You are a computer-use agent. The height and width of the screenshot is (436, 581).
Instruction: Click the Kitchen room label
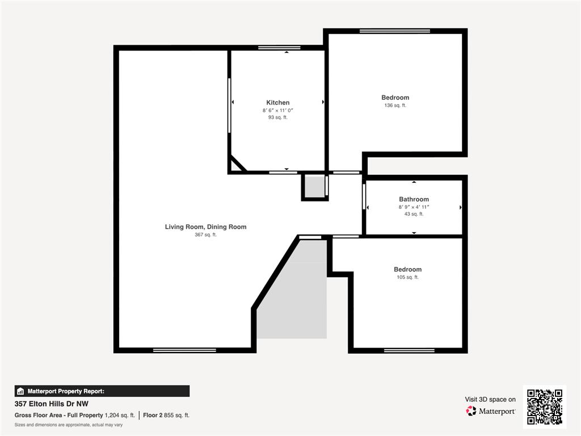[x=278, y=103]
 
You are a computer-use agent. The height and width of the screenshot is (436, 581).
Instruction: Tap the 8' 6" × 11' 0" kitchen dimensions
[x=278, y=111]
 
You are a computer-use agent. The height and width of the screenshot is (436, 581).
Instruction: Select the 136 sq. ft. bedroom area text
[x=395, y=105]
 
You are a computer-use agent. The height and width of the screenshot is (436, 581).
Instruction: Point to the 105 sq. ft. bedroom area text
[x=407, y=277]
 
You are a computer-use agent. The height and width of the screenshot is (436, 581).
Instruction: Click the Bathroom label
[x=414, y=199]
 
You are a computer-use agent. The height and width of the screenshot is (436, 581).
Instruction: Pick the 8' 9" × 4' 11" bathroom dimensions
[x=414, y=207]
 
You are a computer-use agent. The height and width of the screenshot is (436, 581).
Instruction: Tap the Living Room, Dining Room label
[x=205, y=227]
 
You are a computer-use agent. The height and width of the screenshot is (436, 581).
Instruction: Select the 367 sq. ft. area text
[x=205, y=234]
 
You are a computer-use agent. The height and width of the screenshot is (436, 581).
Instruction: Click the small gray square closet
[x=314, y=187]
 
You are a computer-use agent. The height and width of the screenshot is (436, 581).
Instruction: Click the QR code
[x=545, y=406]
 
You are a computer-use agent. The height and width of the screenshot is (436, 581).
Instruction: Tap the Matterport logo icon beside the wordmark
[x=471, y=411]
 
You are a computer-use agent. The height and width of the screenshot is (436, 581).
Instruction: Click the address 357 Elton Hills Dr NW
[x=52, y=404]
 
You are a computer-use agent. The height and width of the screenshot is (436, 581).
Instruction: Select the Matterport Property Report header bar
[x=102, y=391]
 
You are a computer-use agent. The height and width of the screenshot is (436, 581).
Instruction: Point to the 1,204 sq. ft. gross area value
[x=120, y=415]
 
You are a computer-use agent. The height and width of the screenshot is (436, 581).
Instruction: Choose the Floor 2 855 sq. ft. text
[x=166, y=415]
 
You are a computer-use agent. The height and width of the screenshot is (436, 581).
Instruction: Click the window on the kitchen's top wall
[x=279, y=48]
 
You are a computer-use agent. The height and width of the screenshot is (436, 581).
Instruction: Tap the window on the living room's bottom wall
[x=184, y=350]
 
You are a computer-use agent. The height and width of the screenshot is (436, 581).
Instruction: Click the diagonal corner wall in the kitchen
[x=238, y=163]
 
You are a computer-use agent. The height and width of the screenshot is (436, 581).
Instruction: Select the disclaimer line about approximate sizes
[x=69, y=425]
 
